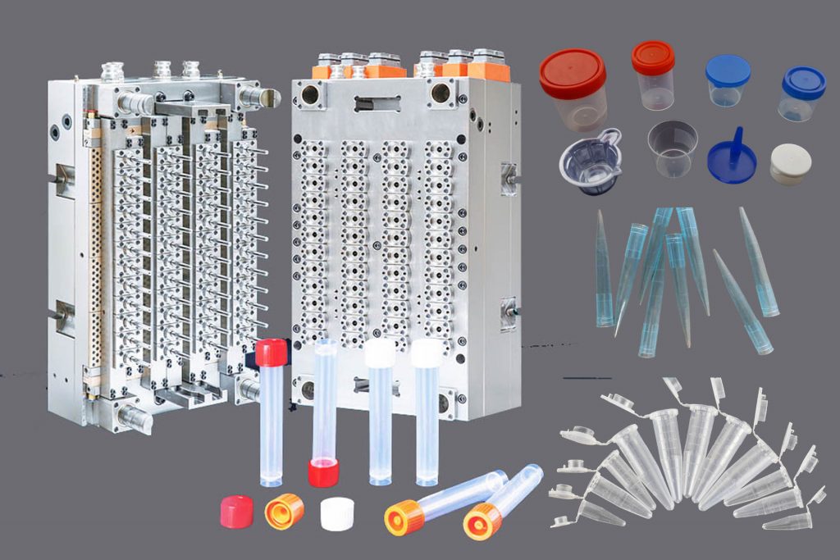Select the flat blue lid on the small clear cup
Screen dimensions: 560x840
(728, 71)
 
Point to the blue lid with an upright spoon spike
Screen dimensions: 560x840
(732, 153)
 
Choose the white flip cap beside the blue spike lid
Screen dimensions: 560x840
(790, 163)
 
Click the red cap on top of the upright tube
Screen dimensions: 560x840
(271, 353)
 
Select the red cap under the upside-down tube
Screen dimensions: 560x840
(323, 472)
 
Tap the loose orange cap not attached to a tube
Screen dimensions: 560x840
(284, 511)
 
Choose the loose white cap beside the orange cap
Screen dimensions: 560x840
(336, 513)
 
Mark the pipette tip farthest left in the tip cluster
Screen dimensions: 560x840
(603, 271)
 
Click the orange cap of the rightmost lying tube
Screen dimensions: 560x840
(482, 521)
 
